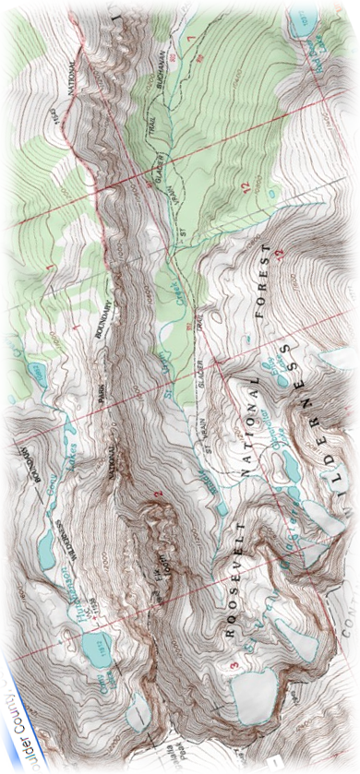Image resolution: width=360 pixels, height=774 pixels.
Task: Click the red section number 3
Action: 221,666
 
